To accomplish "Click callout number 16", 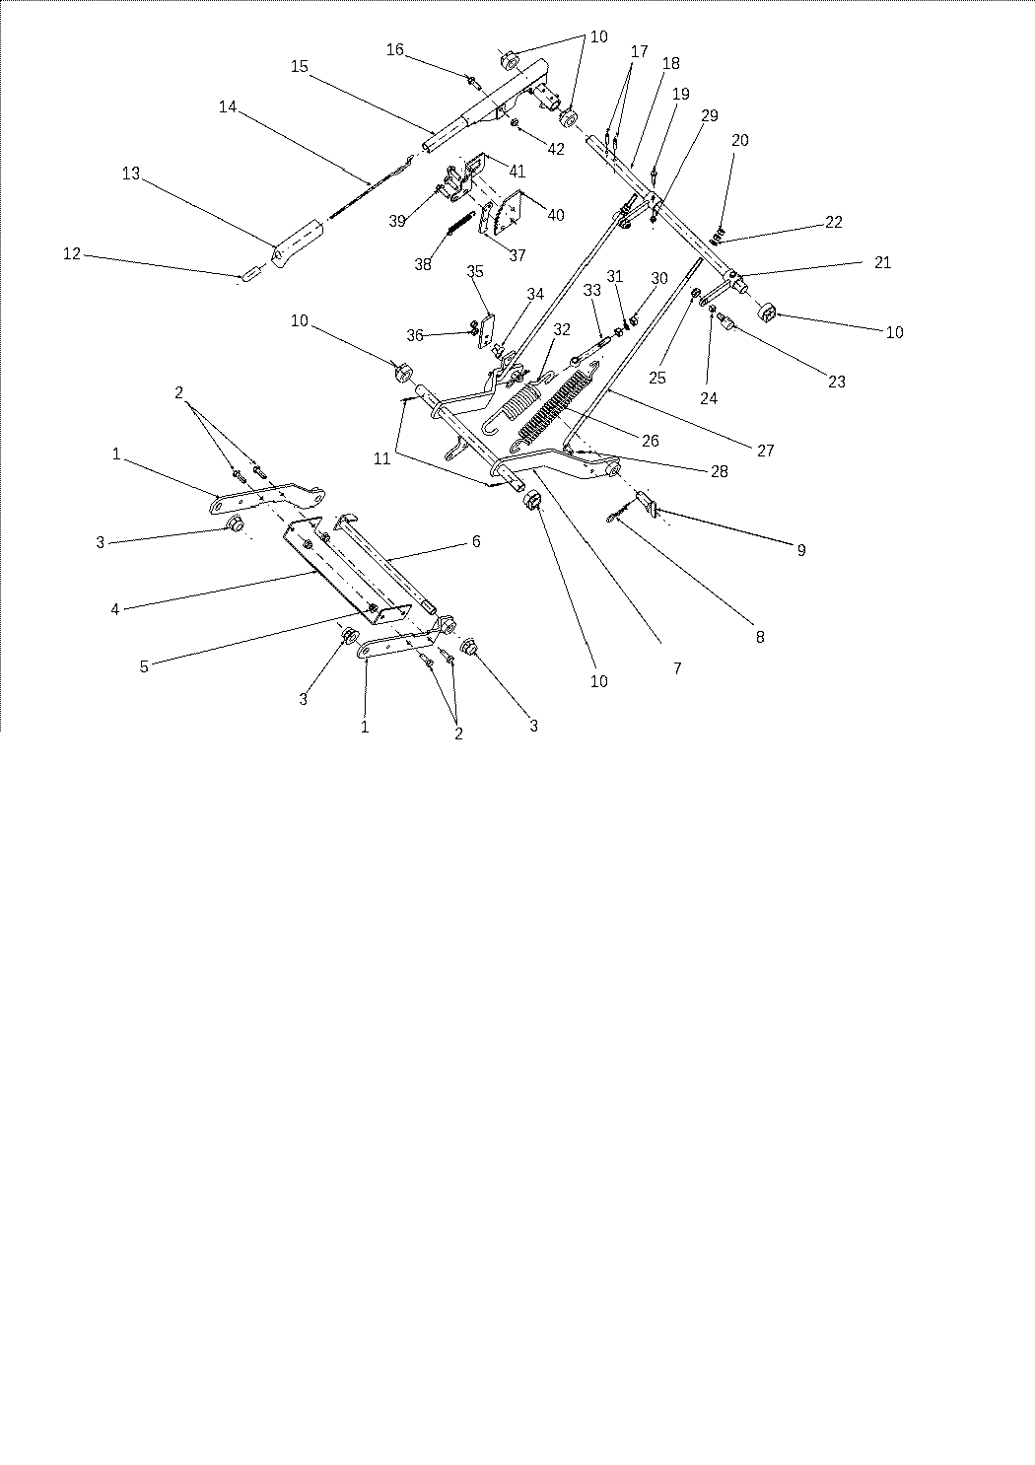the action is tap(395, 49).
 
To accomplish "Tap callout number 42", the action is tap(556, 149).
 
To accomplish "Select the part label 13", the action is tap(131, 174).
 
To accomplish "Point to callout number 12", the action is tap(71, 253).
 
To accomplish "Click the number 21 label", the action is tap(882, 262).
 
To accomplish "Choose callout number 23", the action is tap(837, 382).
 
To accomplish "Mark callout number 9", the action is tap(801, 550).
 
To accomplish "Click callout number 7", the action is tap(677, 667).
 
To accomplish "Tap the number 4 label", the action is tap(115, 609).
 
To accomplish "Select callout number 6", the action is tap(476, 541).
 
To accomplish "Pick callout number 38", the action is tap(423, 264).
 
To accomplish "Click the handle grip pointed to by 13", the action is tap(298, 244).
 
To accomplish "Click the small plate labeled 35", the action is tap(486, 331).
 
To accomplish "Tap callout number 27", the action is tap(765, 450).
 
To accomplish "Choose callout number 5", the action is tap(144, 666).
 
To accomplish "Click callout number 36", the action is tap(415, 335).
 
